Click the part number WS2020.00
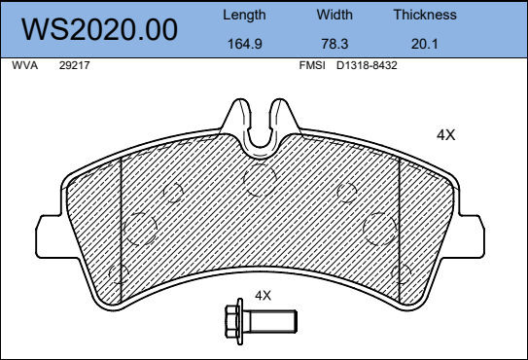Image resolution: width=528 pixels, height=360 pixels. tap(100, 29)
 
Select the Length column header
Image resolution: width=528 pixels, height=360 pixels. tap(244, 16)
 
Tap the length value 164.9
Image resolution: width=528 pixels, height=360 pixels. tap(245, 44)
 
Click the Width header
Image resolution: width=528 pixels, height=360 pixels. tap(334, 15)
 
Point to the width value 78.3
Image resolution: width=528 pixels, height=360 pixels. tap(334, 44)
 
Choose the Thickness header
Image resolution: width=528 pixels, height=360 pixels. tap(425, 15)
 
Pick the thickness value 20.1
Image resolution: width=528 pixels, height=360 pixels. tap(424, 44)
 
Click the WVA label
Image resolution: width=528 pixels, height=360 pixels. tap(24, 65)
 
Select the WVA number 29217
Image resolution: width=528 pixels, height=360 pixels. tap(75, 65)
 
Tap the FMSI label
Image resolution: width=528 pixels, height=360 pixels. tap(312, 65)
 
